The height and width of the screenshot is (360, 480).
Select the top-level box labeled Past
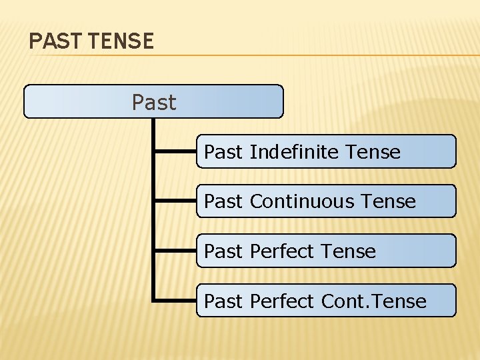[153, 102]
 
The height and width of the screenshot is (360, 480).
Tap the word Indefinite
[294, 152]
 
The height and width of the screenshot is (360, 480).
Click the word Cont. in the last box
[343, 301]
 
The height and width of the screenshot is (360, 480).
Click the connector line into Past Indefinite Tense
[175, 152]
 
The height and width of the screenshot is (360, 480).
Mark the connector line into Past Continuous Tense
[175, 201]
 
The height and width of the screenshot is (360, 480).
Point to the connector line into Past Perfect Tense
[175, 251]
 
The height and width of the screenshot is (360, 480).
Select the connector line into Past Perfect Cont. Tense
[175, 301]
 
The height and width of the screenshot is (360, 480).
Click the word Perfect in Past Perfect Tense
[281, 251]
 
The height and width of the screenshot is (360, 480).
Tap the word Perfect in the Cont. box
[281, 301]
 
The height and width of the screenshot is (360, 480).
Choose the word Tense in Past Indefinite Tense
[373, 152]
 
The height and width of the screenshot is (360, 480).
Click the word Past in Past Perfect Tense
[223, 251]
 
